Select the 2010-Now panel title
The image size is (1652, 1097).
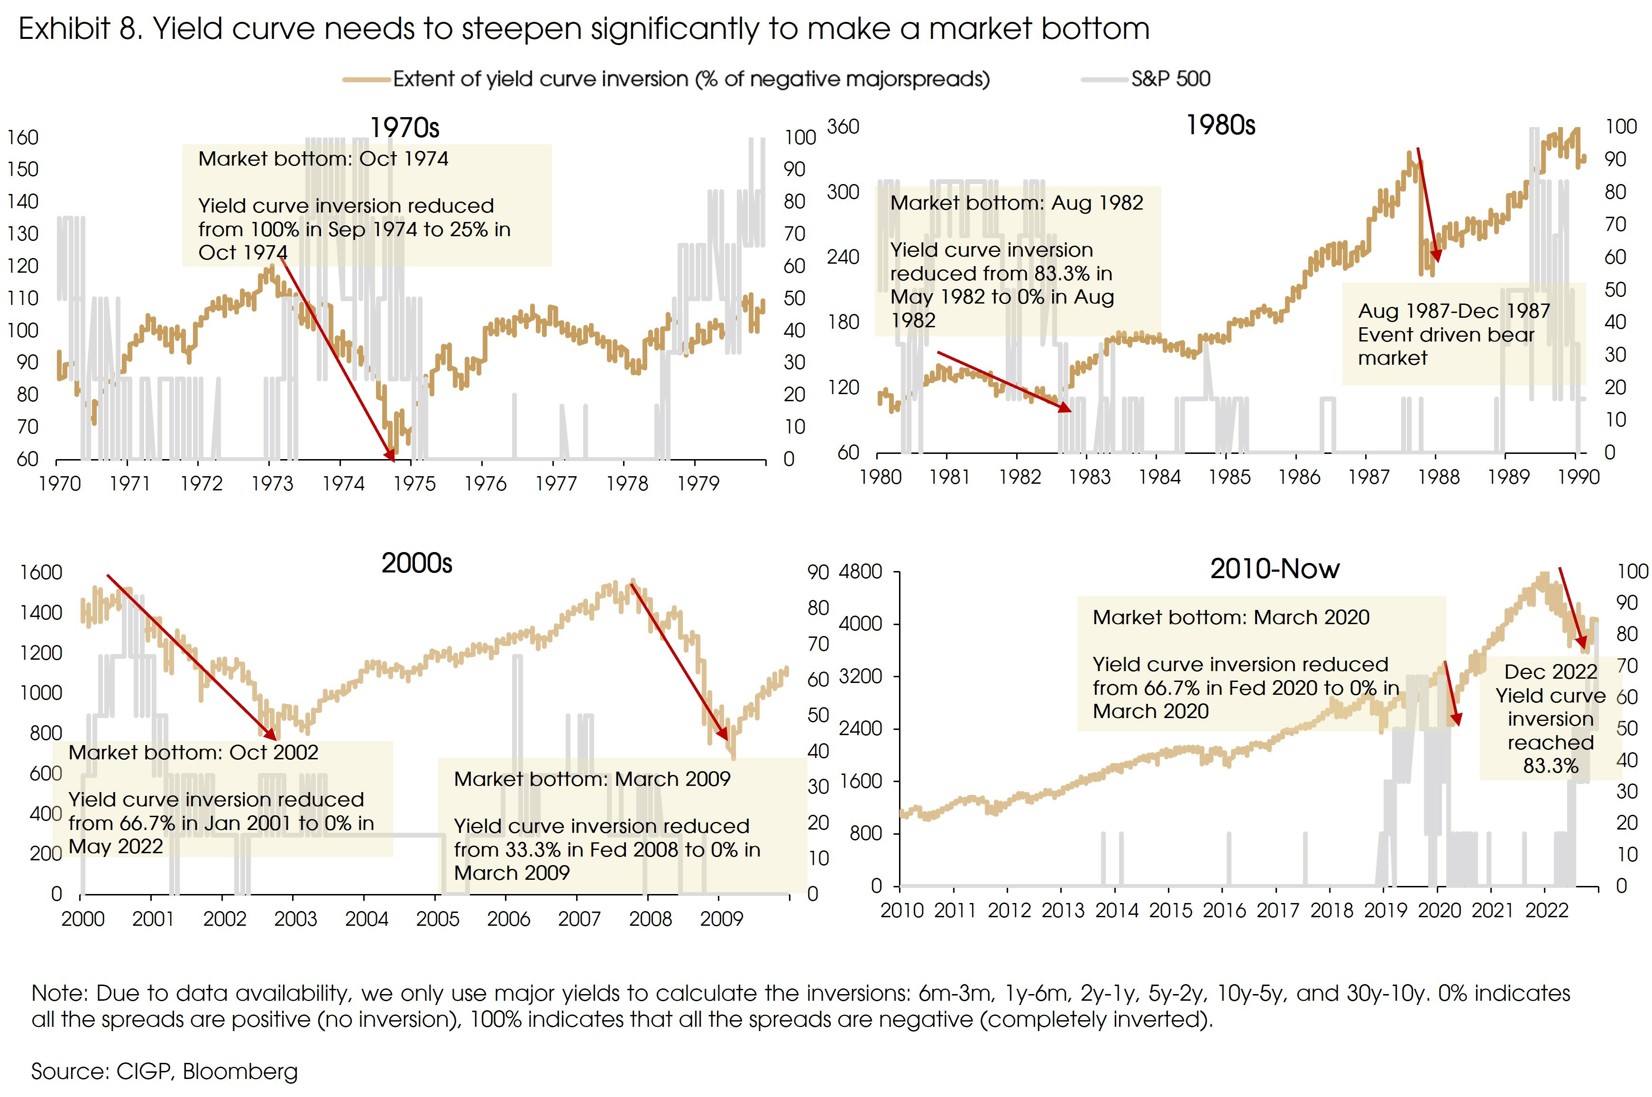[1274, 569]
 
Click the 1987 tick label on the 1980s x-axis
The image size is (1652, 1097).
[1368, 477]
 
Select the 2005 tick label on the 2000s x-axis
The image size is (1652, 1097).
[437, 919]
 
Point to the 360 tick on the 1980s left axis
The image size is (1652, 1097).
[843, 127]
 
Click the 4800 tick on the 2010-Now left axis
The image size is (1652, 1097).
[860, 572]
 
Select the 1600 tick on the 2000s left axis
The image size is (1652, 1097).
[41, 572]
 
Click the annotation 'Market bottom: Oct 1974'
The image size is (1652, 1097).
[323, 159]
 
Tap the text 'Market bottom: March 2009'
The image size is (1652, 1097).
[592, 779]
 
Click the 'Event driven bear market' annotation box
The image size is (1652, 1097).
[1453, 334]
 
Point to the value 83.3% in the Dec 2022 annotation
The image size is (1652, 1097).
[1550, 765]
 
